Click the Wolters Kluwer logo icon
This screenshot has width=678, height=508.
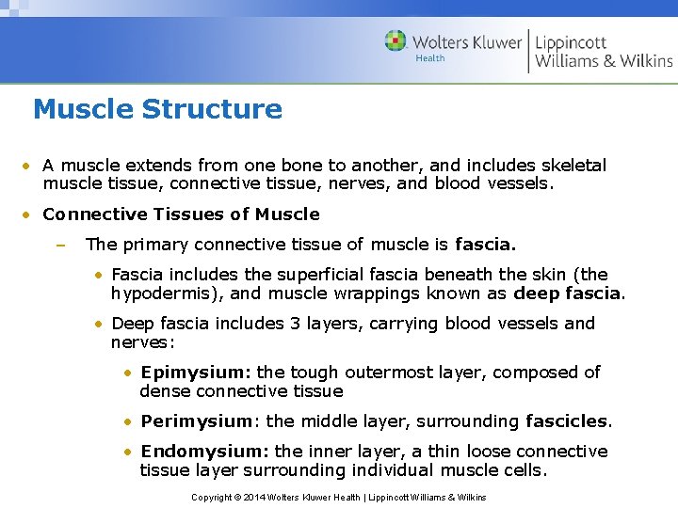395,40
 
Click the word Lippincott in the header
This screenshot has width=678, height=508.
571,41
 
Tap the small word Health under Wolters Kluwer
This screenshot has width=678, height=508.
430,58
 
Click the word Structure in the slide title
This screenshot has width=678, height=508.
212,109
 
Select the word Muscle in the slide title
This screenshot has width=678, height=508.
84,109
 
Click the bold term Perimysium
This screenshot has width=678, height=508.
199,421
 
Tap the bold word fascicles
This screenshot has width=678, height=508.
568,421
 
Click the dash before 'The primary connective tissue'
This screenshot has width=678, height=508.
58,244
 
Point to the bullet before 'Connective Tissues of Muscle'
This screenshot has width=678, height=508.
29,214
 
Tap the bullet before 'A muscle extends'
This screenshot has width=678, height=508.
29,165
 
